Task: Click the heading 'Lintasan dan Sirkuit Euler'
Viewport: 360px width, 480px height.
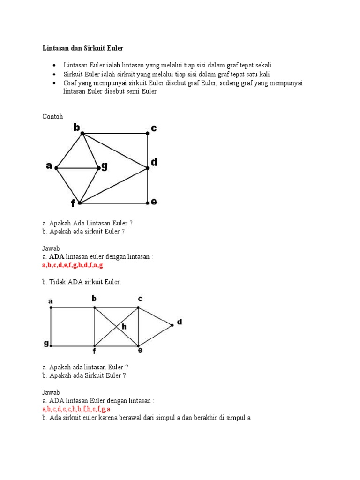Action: click(x=83, y=48)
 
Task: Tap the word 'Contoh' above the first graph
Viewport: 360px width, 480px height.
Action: click(x=52, y=116)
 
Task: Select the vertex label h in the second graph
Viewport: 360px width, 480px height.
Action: click(x=124, y=327)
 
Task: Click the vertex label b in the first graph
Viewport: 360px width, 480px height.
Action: click(x=76, y=127)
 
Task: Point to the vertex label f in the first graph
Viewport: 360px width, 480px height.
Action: click(x=73, y=204)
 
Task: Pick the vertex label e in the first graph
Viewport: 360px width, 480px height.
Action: click(x=154, y=202)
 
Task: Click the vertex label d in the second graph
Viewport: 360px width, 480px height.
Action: click(x=179, y=322)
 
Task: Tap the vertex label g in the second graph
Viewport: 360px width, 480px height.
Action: click(x=46, y=344)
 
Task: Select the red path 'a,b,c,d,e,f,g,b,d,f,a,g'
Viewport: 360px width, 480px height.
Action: click(x=73, y=265)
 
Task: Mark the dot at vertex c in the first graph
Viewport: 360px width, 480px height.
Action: click(x=148, y=133)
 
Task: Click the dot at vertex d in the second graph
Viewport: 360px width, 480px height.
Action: click(x=172, y=325)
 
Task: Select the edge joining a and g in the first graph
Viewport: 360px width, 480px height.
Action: click(x=77, y=167)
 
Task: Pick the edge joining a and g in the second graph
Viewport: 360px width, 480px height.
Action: click(x=51, y=327)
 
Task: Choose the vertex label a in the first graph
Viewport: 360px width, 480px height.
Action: click(x=49, y=165)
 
